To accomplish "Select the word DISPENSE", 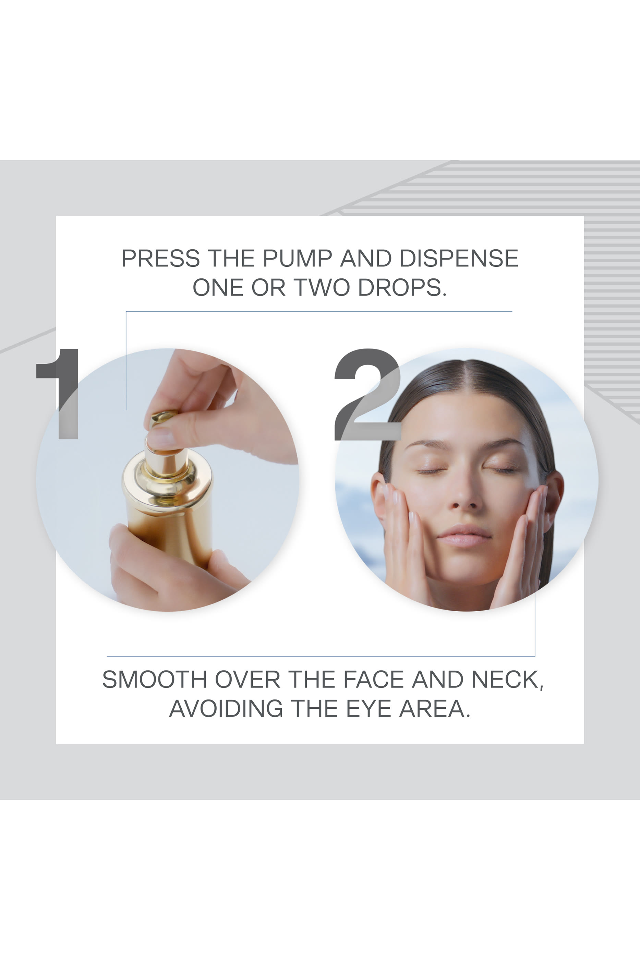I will pos(458,259).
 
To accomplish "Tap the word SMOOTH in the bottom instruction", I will pos(154,680).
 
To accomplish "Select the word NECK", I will pos(507,680).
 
